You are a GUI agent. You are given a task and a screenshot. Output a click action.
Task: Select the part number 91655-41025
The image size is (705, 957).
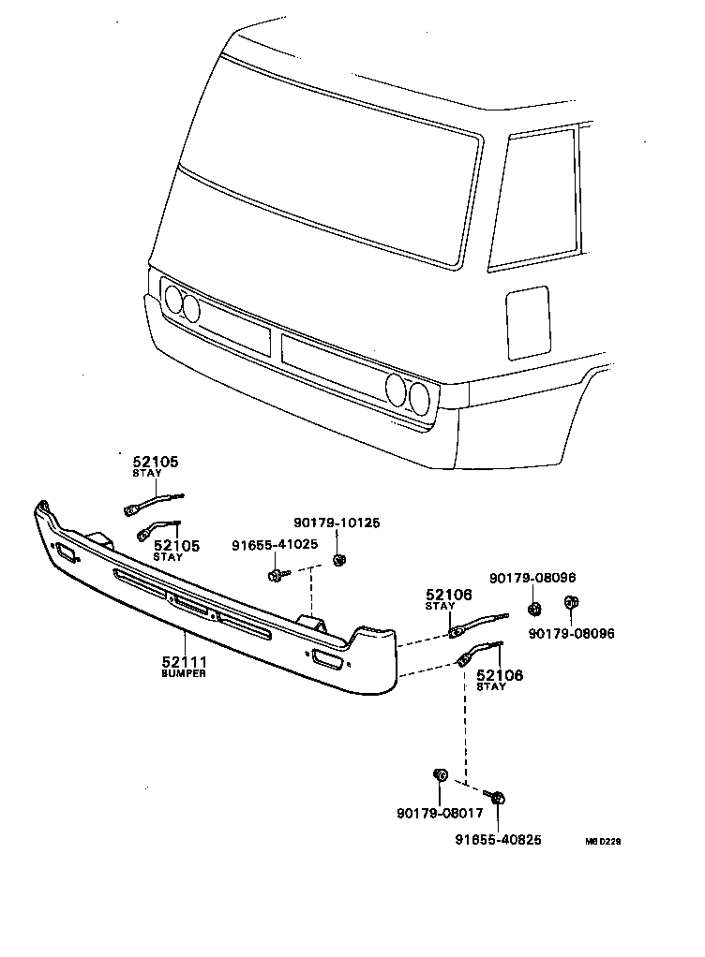274,544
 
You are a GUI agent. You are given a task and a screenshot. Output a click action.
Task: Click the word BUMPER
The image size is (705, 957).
183,674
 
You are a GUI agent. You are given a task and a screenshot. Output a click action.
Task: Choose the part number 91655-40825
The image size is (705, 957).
498,840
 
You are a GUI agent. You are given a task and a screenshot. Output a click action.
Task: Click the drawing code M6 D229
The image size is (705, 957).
603,841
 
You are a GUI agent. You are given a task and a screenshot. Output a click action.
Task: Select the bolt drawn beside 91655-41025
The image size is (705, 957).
277,573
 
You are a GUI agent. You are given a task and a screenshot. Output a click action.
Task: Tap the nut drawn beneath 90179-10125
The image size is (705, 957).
339,560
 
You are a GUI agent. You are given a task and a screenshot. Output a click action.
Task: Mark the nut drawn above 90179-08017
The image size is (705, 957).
438,774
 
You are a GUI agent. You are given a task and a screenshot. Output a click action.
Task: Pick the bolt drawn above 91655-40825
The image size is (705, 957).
498,797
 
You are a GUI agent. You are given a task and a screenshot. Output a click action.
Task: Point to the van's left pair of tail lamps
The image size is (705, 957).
182,303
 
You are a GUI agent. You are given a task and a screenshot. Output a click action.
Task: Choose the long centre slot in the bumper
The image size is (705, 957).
192,608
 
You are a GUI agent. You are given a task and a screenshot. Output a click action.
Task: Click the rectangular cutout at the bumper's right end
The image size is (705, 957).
327,659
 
